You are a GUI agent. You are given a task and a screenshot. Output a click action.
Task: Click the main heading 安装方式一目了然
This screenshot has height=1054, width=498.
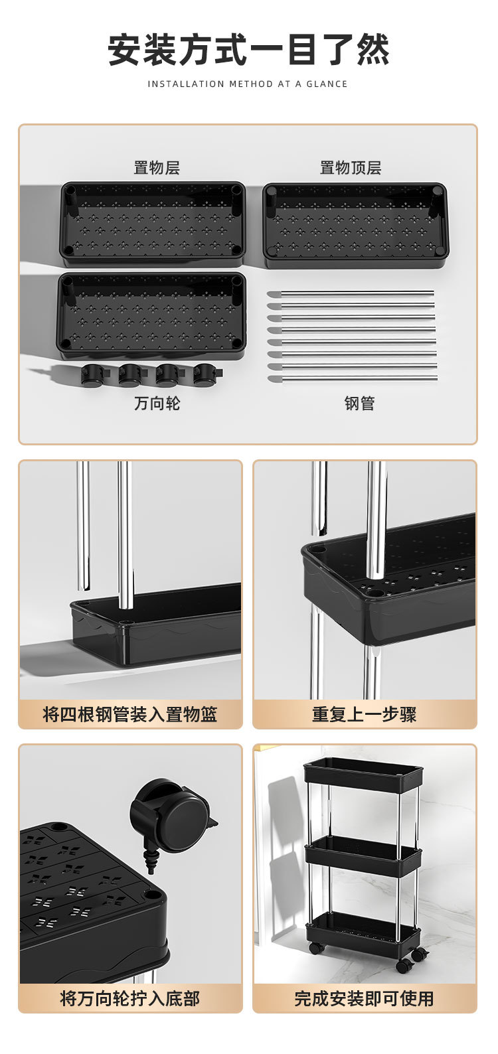(x=248, y=50)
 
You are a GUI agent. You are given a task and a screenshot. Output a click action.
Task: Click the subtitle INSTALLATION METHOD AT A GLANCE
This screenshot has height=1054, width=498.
(x=248, y=84)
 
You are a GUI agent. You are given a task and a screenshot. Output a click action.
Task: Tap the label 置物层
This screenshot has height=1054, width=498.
(x=157, y=168)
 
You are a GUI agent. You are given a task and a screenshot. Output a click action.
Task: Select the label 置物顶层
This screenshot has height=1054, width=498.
(x=351, y=168)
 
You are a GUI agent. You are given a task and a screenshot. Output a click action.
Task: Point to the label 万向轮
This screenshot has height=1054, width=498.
(x=157, y=404)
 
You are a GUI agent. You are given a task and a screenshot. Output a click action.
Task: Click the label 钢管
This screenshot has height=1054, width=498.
(x=360, y=404)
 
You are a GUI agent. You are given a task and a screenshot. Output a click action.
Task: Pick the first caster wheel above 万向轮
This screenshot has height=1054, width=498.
(x=94, y=374)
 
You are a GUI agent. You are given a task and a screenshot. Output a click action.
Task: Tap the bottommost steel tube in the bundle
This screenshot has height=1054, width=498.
(x=352, y=378)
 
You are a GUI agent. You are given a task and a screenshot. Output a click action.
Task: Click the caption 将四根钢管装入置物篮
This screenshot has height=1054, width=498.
(x=130, y=715)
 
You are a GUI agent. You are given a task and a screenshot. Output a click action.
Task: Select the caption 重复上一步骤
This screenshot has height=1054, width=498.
(x=365, y=715)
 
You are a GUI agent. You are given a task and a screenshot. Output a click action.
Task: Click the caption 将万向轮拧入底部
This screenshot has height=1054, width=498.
(x=130, y=998)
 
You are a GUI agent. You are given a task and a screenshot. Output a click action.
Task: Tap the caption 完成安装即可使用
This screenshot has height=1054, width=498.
(x=365, y=998)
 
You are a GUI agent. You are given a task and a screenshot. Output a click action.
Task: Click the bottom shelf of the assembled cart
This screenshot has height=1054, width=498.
(x=364, y=929)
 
